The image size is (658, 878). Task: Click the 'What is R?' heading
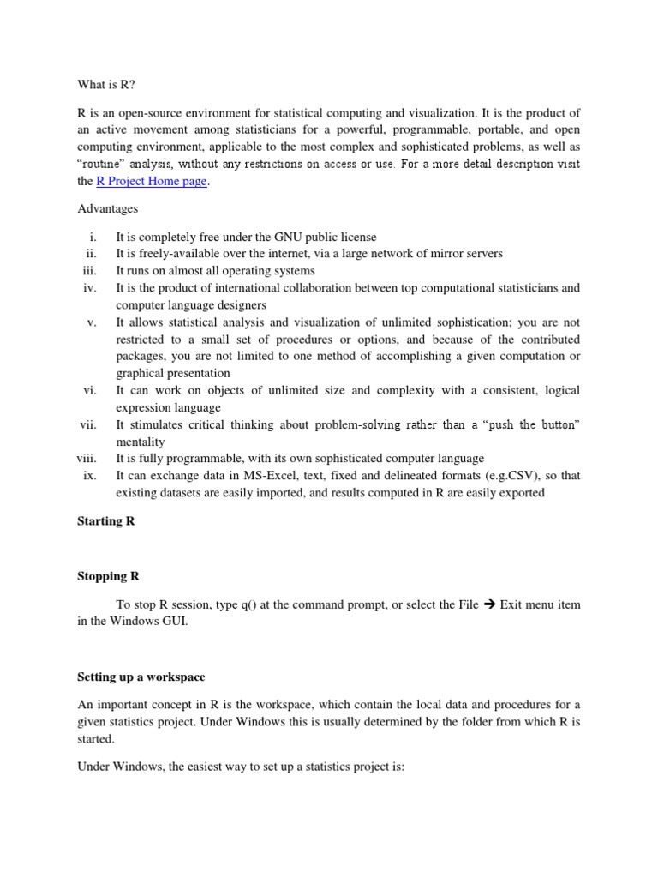click(x=101, y=85)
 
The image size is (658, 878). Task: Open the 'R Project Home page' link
click(x=152, y=182)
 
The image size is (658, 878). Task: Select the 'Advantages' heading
click(x=107, y=208)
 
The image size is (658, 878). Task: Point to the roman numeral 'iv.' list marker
click(x=89, y=288)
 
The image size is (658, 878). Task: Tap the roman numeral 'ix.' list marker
click(x=90, y=476)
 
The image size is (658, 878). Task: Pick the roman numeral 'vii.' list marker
click(x=87, y=425)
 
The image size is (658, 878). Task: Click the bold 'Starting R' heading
click(x=106, y=521)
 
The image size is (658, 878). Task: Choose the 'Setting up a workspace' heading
click(x=141, y=677)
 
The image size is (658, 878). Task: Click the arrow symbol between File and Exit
click(x=489, y=604)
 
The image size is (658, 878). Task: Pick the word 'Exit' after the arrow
click(x=511, y=604)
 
